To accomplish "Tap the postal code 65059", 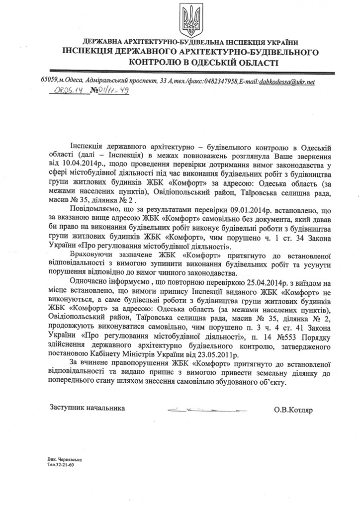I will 49,81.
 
